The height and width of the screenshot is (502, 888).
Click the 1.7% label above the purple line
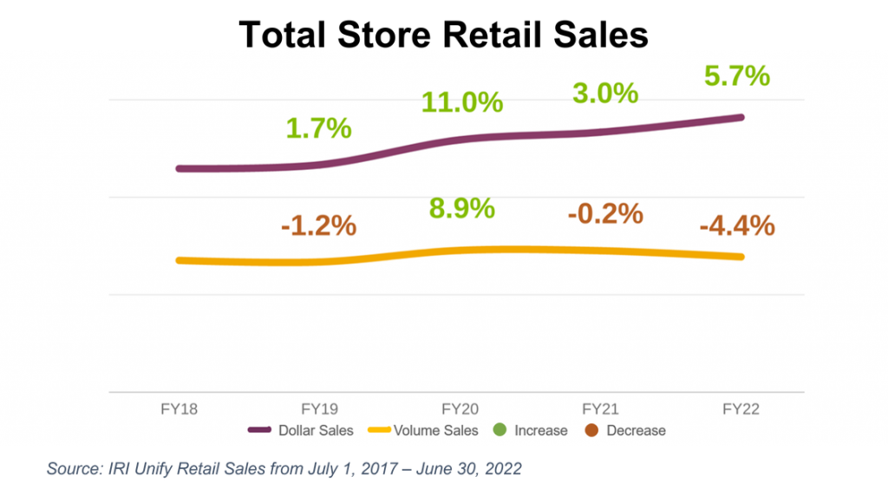tap(318, 128)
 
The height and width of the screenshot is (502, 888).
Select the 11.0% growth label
tap(461, 101)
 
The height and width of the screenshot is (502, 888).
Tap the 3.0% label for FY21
tap(605, 93)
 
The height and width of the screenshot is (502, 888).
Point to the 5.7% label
tap(736, 76)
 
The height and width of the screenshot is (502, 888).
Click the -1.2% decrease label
tap(318, 225)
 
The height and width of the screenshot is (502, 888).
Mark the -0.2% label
tap(604, 213)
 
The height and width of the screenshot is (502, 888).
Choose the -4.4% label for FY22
tap(736, 225)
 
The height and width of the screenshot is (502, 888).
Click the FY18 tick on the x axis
tap(179, 409)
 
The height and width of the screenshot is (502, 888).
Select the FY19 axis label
tap(319, 409)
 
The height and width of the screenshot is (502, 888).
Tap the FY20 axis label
tap(460, 409)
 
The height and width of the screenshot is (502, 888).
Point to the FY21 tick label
tap(601, 409)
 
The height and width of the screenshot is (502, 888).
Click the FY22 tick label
tap(741, 409)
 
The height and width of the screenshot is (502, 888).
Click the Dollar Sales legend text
tap(316, 430)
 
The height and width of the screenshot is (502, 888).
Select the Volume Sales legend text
tap(435, 430)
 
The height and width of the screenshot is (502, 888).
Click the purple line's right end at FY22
tap(741, 117)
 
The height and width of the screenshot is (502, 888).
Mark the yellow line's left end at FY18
tap(179, 260)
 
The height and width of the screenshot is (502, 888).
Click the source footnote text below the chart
tap(284, 469)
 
